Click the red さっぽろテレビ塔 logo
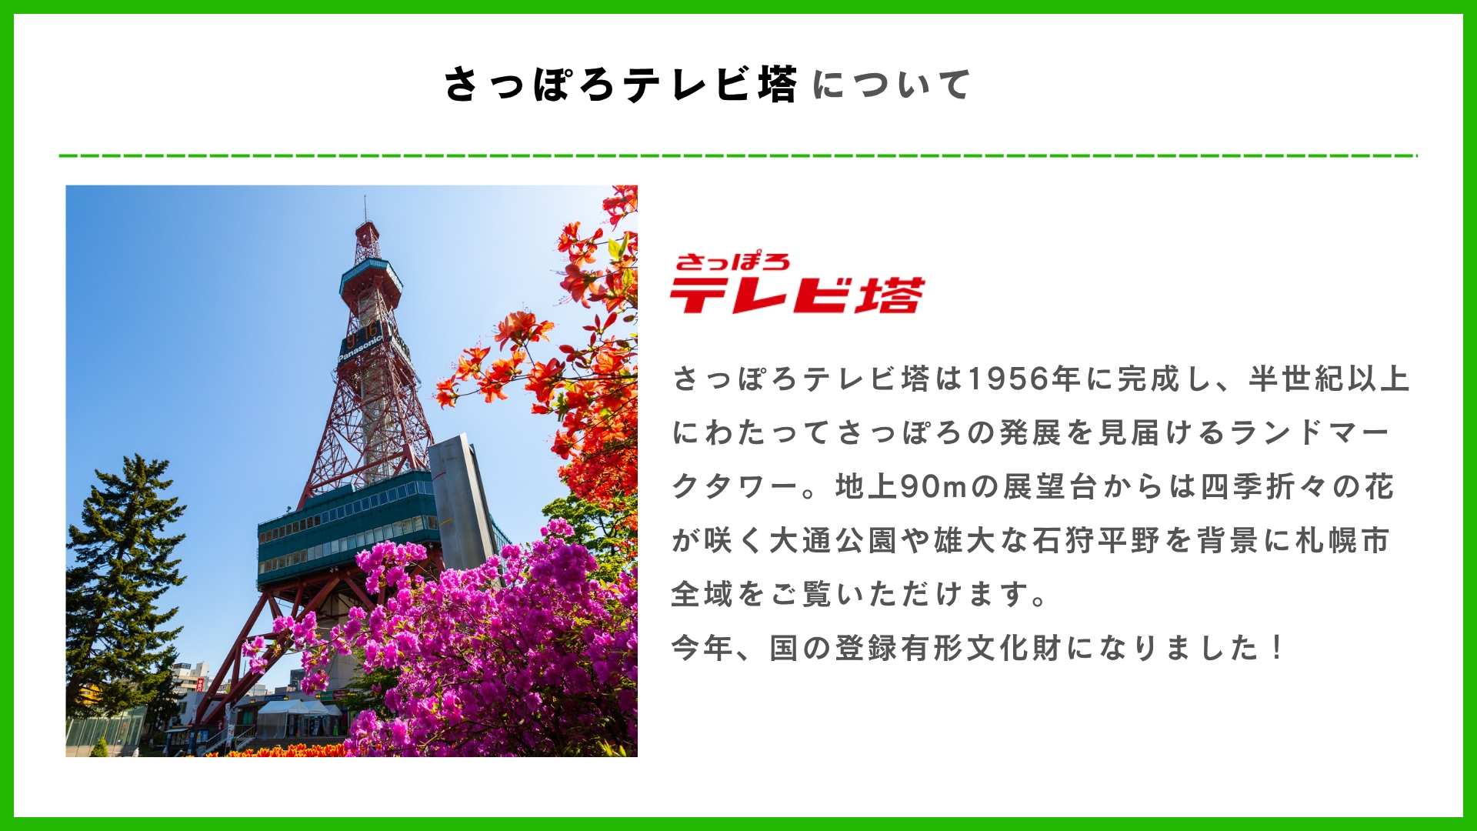point(797,283)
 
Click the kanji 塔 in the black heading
point(777,85)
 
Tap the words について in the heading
point(892,85)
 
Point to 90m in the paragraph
point(933,487)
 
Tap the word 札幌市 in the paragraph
point(1343,541)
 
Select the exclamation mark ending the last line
point(1278,648)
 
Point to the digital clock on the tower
point(362,333)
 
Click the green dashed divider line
point(738,156)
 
